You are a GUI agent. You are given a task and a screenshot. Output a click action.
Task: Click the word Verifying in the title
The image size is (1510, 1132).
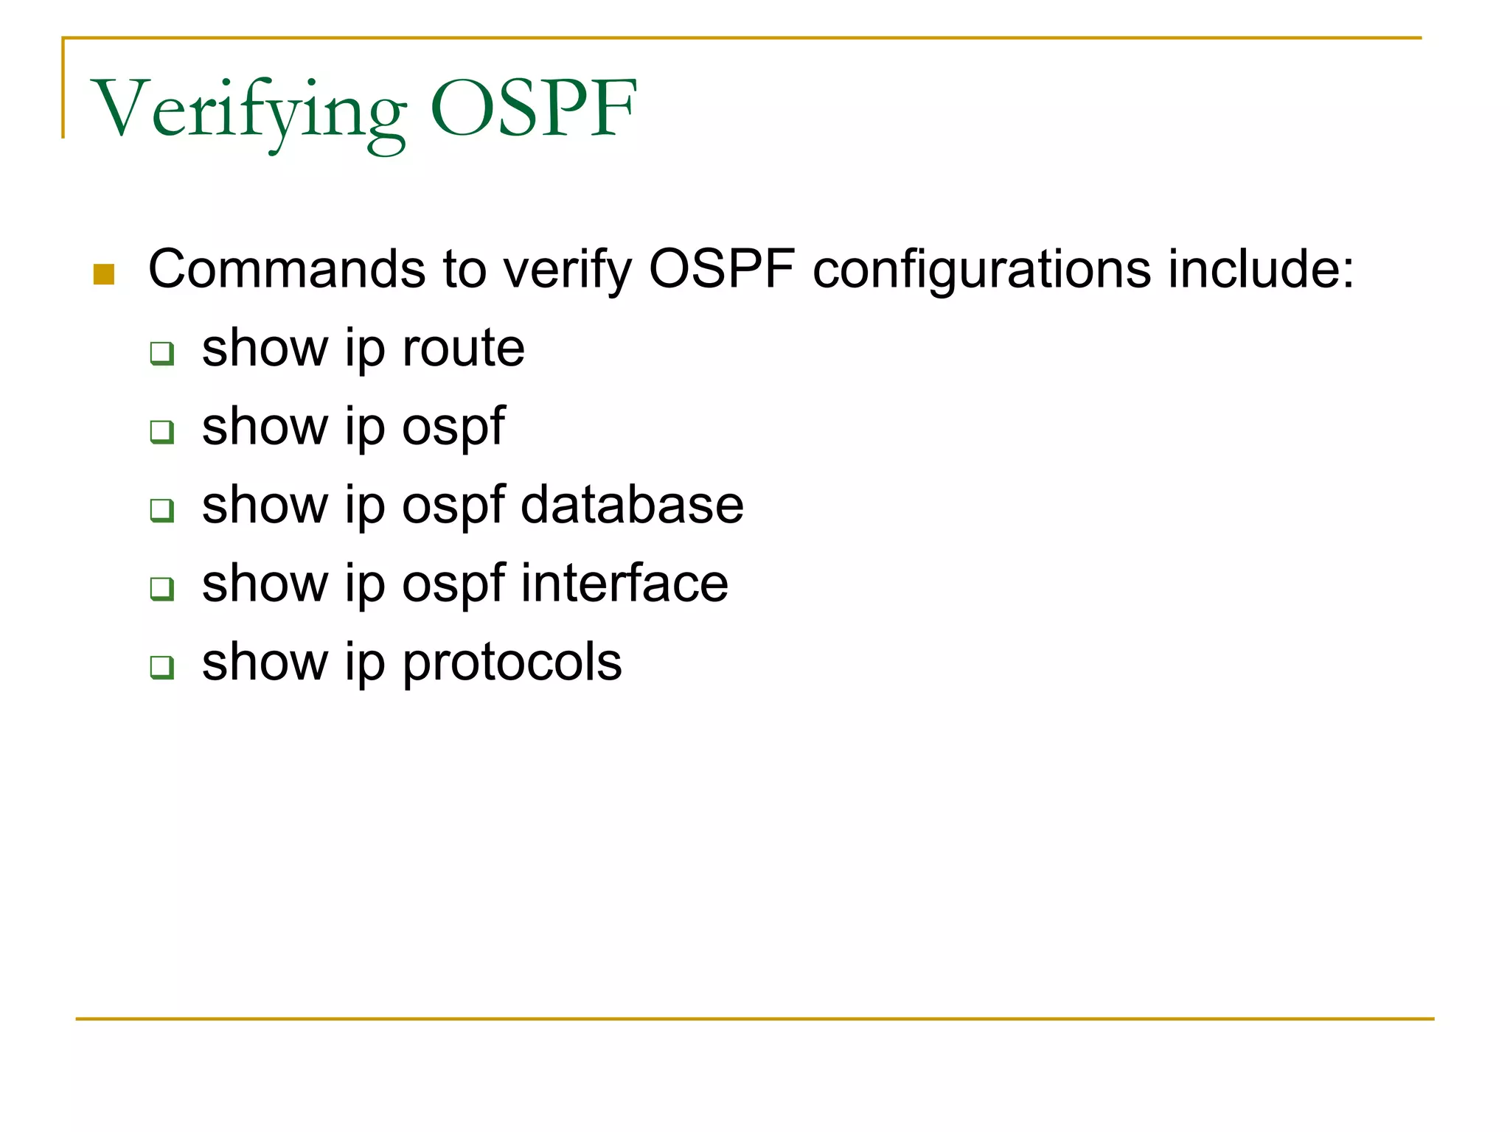(x=248, y=111)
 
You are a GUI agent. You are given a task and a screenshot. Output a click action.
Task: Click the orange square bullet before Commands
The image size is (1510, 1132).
(x=104, y=274)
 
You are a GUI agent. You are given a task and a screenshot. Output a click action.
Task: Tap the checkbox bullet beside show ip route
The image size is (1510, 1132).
(x=161, y=353)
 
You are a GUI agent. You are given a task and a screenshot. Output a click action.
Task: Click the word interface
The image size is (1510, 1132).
(x=624, y=584)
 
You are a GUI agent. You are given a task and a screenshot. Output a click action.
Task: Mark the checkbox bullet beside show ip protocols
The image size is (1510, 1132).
(x=161, y=667)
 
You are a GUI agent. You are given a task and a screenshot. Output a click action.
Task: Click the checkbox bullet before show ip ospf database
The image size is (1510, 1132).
(x=161, y=509)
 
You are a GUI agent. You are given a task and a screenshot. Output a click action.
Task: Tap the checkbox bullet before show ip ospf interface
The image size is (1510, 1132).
(x=161, y=588)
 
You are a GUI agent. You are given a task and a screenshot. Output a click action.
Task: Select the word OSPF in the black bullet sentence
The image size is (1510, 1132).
(x=722, y=269)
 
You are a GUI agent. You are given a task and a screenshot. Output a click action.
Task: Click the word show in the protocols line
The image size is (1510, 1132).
(x=265, y=662)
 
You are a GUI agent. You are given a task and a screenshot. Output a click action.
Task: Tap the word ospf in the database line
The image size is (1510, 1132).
(x=453, y=506)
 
